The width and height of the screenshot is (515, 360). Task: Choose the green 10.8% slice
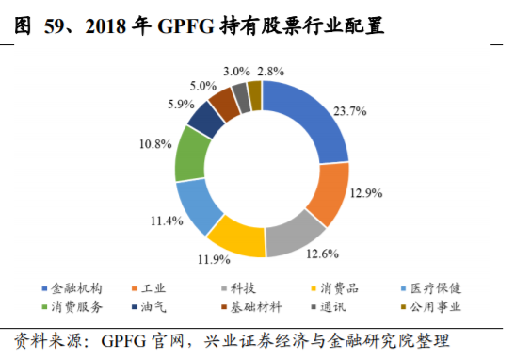click(x=193, y=153)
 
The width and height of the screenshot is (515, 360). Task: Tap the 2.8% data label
click(x=270, y=71)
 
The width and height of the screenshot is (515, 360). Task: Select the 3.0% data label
click(x=236, y=71)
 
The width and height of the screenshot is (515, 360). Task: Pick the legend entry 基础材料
click(x=268, y=306)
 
